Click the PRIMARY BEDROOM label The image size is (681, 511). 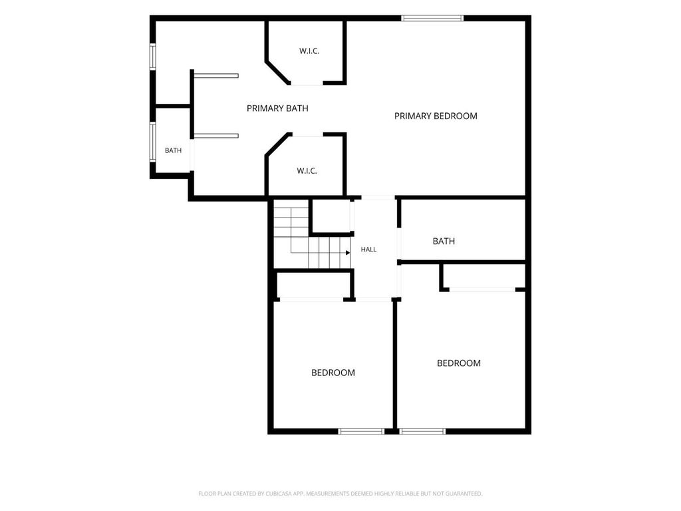click(x=436, y=116)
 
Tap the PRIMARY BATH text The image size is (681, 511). click(x=277, y=108)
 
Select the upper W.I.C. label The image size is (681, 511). click(x=309, y=51)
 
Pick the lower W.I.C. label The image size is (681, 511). click(x=307, y=171)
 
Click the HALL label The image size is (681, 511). click(x=368, y=250)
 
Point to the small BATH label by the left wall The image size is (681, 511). click(x=174, y=150)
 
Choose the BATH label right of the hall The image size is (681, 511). click(x=444, y=241)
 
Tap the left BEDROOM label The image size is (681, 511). click(x=333, y=373)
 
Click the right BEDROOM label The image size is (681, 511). click(x=459, y=363)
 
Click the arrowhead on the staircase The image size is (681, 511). click(x=348, y=252)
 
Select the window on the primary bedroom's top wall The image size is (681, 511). click(x=432, y=18)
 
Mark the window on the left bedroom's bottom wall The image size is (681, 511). click(x=361, y=431)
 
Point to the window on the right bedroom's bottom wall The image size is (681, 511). click(x=422, y=431)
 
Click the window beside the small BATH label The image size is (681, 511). click(x=153, y=142)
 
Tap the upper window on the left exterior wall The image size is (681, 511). click(x=153, y=56)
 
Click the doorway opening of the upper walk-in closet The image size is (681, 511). click(x=307, y=83)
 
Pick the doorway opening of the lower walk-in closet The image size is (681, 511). click(x=308, y=134)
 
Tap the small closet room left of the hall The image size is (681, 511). click(x=331, y=216)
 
